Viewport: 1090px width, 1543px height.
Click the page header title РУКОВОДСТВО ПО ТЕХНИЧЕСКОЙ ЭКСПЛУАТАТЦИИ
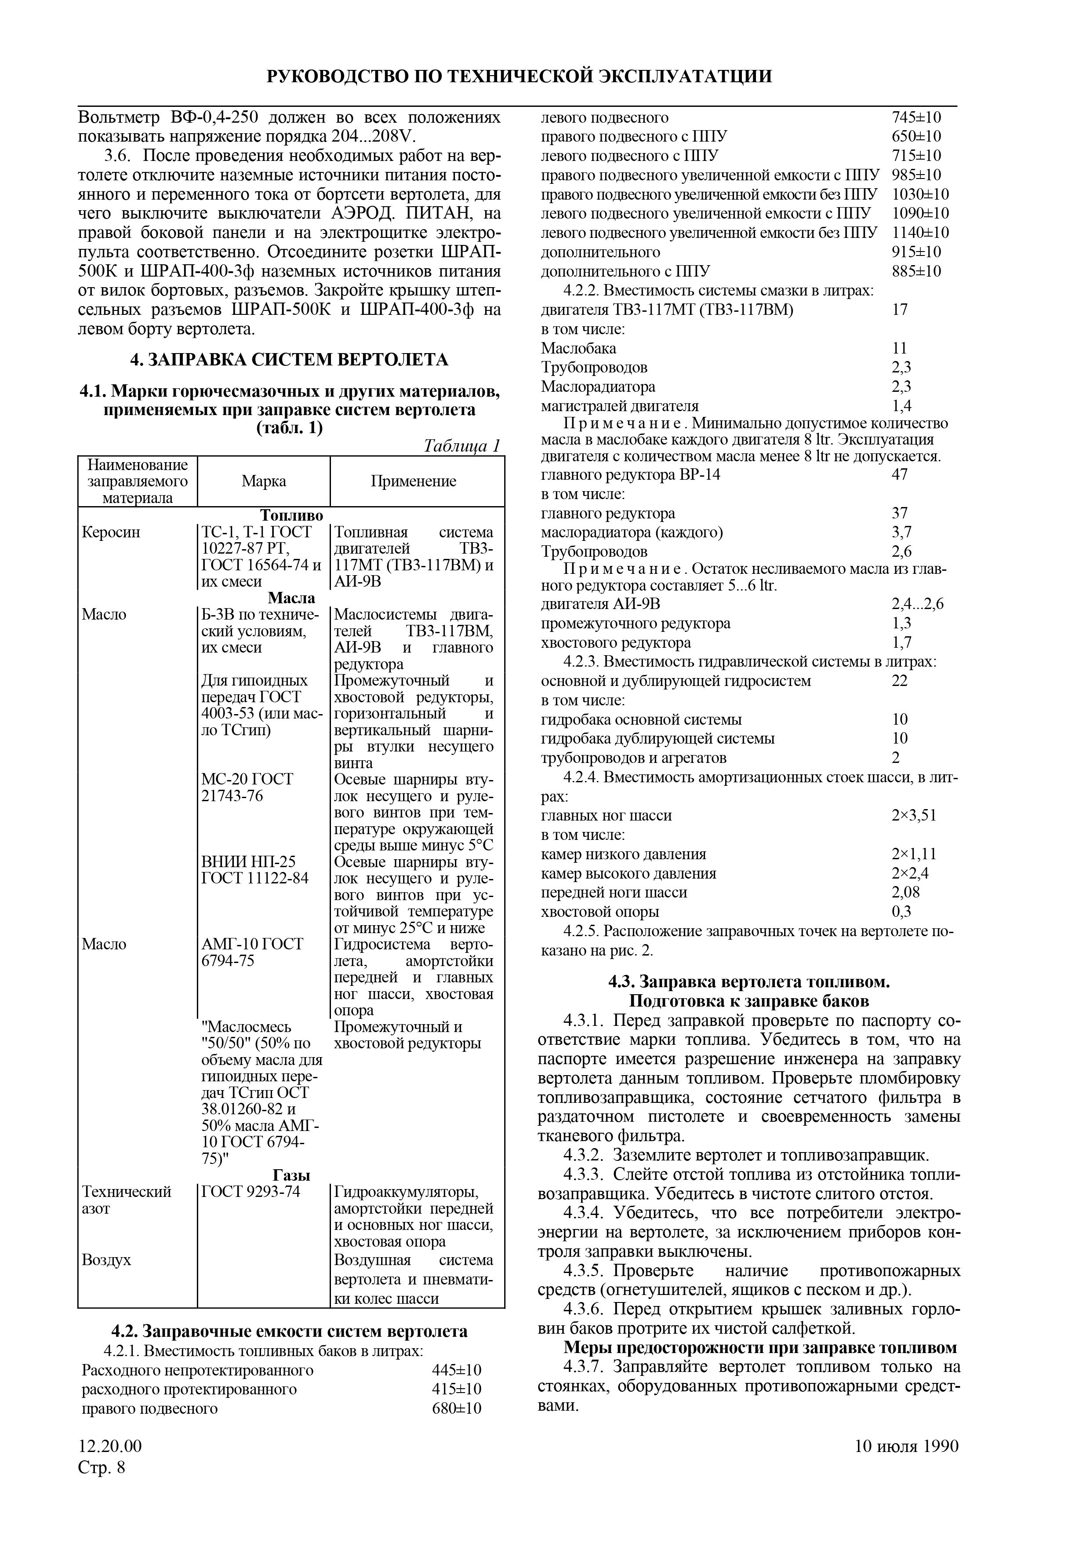point(519,76)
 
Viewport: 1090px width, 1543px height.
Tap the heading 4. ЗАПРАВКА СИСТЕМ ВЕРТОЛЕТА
point(289,360)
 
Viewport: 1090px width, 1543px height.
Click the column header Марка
point(264,481)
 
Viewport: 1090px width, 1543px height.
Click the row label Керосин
point(111,532)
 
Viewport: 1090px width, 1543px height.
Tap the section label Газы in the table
point(291,1175)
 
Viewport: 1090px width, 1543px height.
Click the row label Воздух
point(106,1260)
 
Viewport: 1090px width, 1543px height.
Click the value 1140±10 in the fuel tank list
point(920,233)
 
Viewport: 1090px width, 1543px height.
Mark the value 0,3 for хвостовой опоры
point(901,912)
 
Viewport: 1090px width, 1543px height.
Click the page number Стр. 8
point(102,1467)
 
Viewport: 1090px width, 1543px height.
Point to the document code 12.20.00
point(110,1446)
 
